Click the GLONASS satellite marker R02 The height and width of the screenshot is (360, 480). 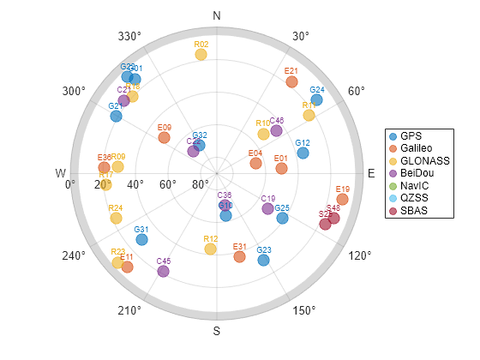[201, 55]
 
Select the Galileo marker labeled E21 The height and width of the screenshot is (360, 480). [291, 82]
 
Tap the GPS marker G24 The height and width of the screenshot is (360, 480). [316, 100]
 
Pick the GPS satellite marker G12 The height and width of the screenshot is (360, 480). [303, 153]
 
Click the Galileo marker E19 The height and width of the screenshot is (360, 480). [342, 200]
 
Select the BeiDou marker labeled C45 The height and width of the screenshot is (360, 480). [163, 272]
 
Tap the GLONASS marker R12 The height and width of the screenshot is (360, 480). [210, 249]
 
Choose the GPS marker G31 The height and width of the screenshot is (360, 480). [141, 240]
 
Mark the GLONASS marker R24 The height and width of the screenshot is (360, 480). [116, 219]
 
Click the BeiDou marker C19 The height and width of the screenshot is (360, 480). [267, 209]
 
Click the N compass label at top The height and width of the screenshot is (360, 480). [217, 16]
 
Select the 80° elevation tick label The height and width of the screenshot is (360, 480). [201, 183]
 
